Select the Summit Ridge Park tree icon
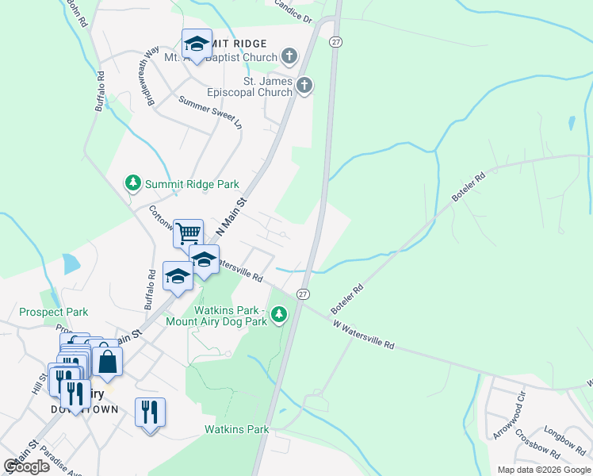pyautogui.click(x=133, y=183)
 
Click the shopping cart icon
pyautogui.click(x=189, y=233)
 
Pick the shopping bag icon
pyautogui.click(x=108, y=361)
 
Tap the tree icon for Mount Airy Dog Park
pyautogui.click(x=278, y=315)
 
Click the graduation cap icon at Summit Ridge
pyautogui.click(x=197, y=43)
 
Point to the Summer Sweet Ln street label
pyautogui.click(x=209, y=112)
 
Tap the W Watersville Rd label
pyautogui.click(x=363, y=335)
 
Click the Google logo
pyautogui.click(x=27, y=466)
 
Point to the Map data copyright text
pyautogui.click(x=544, y=470)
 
